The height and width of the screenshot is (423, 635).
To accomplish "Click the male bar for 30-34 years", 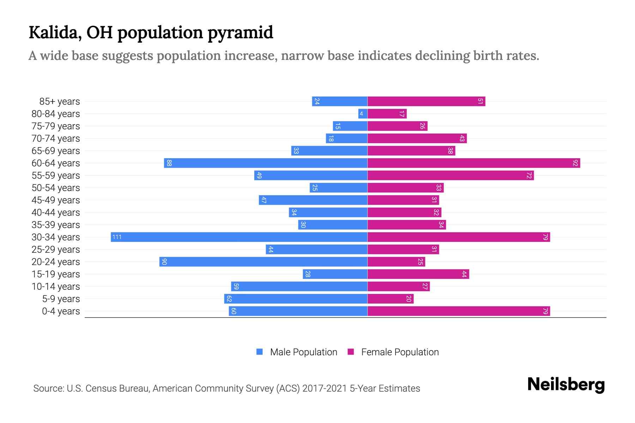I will (x=239, y=237).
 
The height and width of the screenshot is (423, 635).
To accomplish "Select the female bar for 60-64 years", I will (x=473, y=163).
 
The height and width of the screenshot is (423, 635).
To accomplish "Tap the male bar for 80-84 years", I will (x=363, y=114).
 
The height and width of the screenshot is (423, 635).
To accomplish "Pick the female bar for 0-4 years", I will (x=459, y=311).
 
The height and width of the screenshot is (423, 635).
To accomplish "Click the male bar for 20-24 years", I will (x=263, y=262).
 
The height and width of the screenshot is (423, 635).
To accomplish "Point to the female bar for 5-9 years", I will (x=391, y=299).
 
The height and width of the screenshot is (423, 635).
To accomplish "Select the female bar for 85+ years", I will (x=426, y=101).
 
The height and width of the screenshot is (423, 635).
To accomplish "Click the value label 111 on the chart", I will (x=117, y=237).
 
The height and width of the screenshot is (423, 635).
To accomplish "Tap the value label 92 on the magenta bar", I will (x=575, y=163).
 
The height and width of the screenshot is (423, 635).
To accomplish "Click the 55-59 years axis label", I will (x=56, y=176).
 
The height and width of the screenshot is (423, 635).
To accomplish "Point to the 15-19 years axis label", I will (x=56, y=274).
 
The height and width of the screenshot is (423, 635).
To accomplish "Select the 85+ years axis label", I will (x=60, y=102).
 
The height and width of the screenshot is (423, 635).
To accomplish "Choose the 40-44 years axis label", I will (x=56, y=213).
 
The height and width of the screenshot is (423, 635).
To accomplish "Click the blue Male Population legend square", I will (x=260, y=352).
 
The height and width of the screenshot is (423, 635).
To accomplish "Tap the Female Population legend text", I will (x=400, y=352).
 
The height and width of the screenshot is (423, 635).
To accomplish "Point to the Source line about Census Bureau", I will (x=226, y=388).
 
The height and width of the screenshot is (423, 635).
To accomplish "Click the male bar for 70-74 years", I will (x=346, y=138).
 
